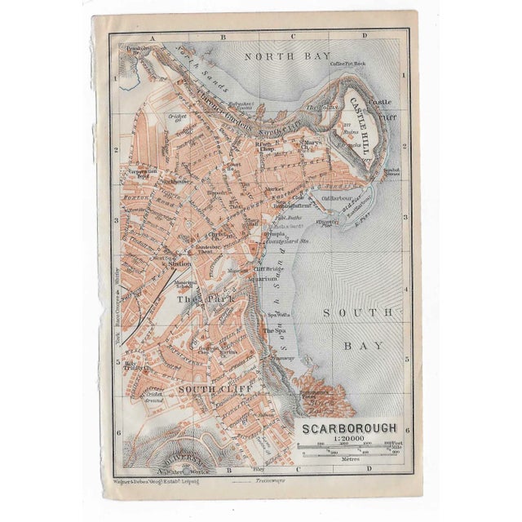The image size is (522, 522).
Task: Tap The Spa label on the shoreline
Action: [274, 330]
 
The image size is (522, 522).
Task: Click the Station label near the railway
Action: [179, 263]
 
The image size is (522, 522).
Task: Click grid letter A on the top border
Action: [153, 37]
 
